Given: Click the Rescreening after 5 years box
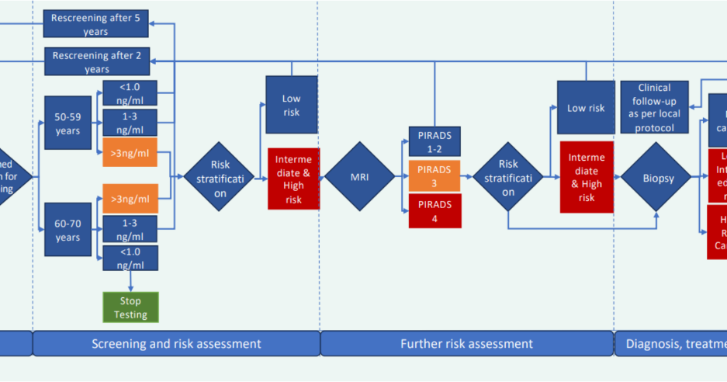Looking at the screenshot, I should (x=97, y=23).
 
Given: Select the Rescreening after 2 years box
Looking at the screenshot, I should (x=97, y=61).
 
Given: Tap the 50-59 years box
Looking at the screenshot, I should (x=68, y=123).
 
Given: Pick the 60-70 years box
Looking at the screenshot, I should (x=68, y=231).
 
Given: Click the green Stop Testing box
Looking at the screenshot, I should (x=130, y=307).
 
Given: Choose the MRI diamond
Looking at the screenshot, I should (x=359, y=176).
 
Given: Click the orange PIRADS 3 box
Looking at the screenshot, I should (x=434, y=176).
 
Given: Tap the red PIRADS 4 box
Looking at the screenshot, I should (x=434, y=210).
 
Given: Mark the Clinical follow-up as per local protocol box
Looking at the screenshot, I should (x=653, y=108).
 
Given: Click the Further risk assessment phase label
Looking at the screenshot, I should (x=466, y=343).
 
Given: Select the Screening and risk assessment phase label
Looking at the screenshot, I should (x=176, y=343).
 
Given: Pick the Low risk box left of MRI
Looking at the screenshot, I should (x=291, y=105).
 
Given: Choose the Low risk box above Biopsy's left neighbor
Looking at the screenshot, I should (x=585, y=108).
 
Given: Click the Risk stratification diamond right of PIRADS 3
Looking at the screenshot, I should (x=508, y=177).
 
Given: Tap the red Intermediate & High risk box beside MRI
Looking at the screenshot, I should (x=293, y=178).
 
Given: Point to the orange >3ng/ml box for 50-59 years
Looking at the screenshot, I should (x=130, y=152).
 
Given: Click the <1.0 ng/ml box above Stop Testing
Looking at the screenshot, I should (x=130, y=258).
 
